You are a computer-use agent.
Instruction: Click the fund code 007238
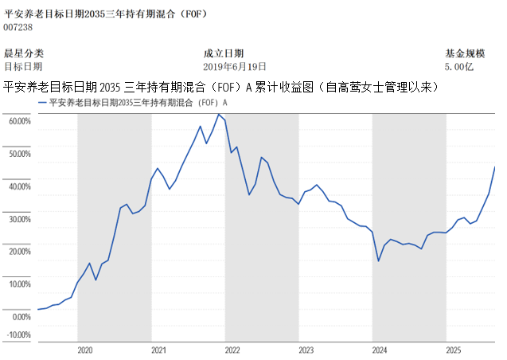click(19, 26)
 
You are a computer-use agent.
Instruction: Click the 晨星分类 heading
click(24, 53)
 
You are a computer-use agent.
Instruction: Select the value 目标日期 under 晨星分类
click(24, 67)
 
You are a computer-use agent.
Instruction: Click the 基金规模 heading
click(465, 53)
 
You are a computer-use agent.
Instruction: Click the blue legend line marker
click(42, 103)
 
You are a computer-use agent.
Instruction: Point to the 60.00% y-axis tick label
click(19, 121)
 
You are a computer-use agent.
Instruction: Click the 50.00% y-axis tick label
click(19, 154)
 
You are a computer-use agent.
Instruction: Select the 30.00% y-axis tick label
click(19, 219)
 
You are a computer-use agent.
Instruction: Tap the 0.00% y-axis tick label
click(21, 317)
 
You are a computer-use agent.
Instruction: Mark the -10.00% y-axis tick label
click(19, 335)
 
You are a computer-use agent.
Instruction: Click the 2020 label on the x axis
click(86, 350)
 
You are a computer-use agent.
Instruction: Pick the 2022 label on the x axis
click(232, 350)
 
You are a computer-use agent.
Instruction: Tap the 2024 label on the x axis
click(380, 350)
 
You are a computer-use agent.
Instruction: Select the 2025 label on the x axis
click(454, 350)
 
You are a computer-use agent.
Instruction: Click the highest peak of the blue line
click(218, 114)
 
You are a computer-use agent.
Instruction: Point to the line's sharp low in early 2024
click(378, 261)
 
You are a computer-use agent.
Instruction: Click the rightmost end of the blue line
click(494, 167)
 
